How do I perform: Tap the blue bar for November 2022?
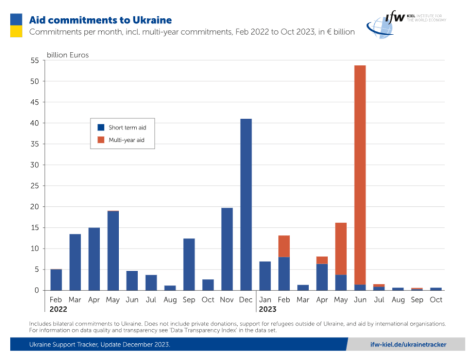tap(227, 248)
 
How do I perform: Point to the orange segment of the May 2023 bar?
tap(341, 248)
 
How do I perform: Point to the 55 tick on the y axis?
tap(35, 61)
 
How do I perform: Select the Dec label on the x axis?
tap(246, 299)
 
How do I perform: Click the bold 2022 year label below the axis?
tap(59, 309)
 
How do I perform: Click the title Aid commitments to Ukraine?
tap(100, 20)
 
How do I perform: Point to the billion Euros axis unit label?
tap(68, 55)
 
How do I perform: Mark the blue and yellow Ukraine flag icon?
tap(16, 25)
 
